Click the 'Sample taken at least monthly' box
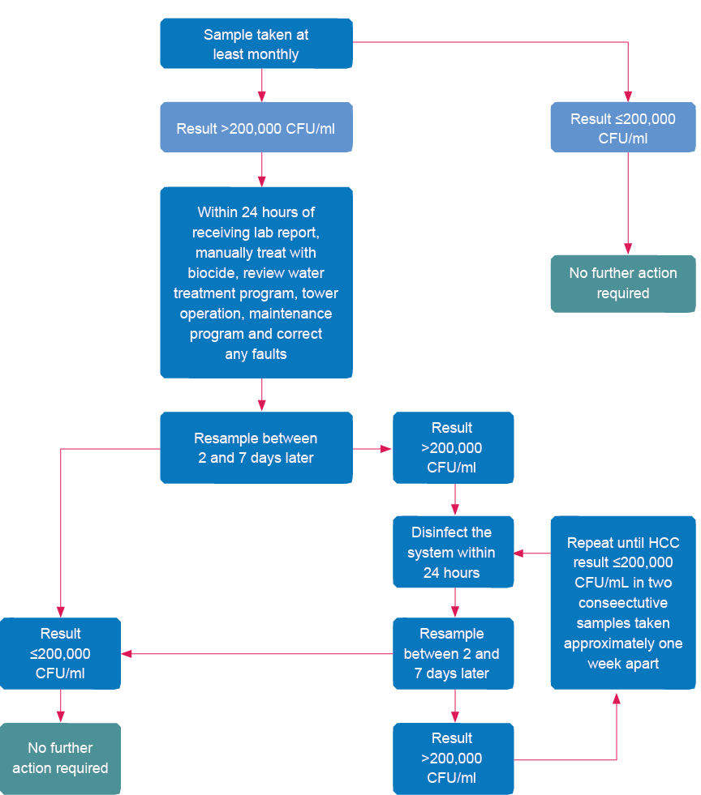256,45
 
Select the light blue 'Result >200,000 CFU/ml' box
256,128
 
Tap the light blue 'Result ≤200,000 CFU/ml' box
622,128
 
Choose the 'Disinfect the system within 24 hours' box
453,553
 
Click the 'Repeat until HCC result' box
622,603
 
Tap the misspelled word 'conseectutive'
622,603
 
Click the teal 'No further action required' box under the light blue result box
622,283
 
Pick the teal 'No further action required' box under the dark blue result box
60,757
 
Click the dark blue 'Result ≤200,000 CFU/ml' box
60,653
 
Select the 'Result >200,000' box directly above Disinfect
453,447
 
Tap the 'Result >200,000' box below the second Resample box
453,758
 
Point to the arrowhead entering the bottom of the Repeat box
617,697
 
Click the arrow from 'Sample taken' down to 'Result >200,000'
261,84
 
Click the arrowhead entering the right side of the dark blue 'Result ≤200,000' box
127,653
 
